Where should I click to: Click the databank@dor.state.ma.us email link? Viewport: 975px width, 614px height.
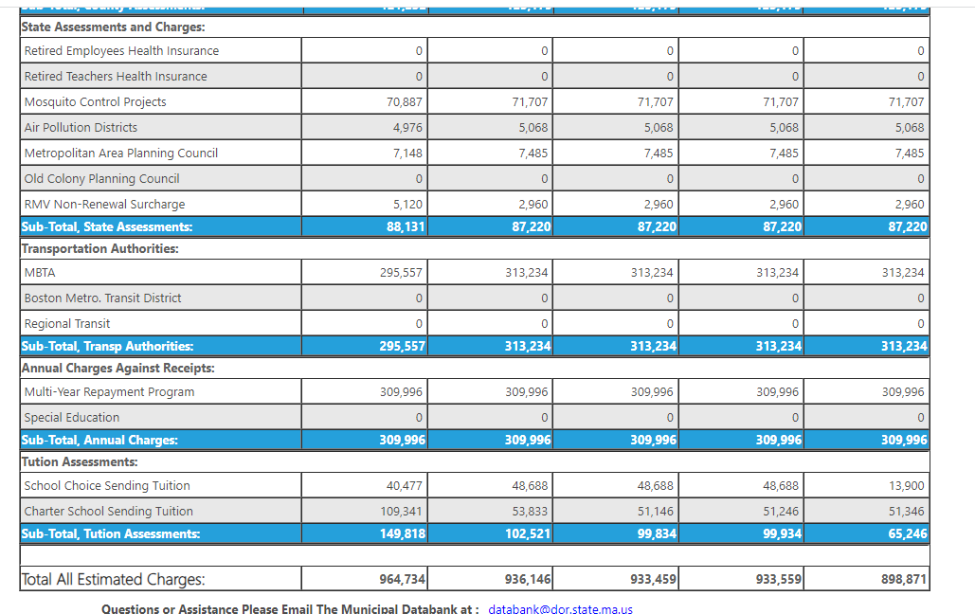click(x=560, y=608)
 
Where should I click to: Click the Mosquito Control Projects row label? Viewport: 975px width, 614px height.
click(x=95, y=102)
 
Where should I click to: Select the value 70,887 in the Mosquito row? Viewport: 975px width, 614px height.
click(x=405, y=102)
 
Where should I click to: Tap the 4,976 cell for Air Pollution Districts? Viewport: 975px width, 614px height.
click(x=407, y=128)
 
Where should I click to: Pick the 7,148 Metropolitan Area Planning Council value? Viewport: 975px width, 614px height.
click(x=407, y=153)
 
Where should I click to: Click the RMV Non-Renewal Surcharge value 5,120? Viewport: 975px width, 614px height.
click(x=407, y=205)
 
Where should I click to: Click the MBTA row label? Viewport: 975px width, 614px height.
click(x=40, y=273)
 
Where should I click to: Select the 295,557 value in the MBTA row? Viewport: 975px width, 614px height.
click(x=402, y=273)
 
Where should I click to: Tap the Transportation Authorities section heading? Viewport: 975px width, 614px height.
click(x=99, y=249)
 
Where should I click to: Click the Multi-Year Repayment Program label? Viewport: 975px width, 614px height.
click(x=109, y=392)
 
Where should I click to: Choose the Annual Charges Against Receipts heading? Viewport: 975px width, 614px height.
click(x=117, y=368)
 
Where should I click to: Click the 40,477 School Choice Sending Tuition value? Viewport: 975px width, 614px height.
click(x=405, y=486)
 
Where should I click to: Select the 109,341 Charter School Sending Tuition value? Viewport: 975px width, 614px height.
click(x=402, y=512)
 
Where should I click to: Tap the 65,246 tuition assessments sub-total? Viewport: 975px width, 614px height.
click(x=906, y=533)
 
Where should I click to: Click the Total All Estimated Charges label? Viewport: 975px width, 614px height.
click(x=113, y=579)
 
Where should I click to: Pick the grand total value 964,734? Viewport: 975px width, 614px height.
click(x=402, y=579)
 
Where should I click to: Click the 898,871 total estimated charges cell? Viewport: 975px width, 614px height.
click(x=903, y=579)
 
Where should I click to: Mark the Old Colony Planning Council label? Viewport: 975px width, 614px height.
click(x=101, y=179)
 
